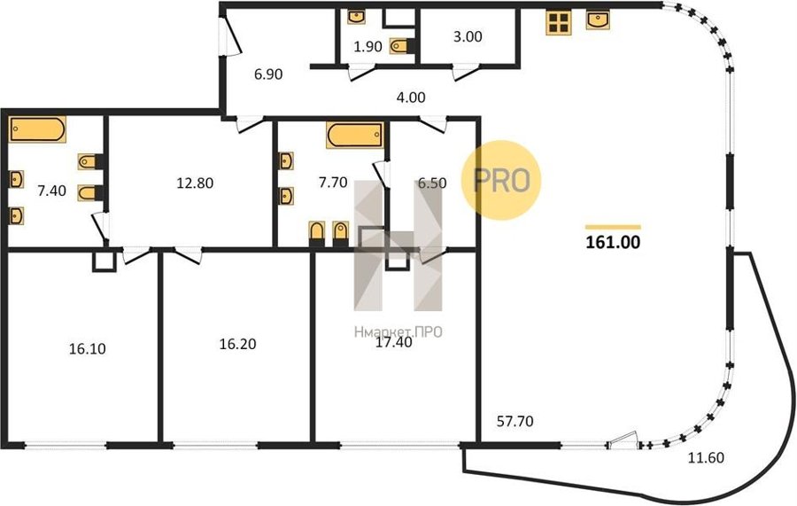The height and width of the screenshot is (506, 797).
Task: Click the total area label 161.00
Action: [613, 243]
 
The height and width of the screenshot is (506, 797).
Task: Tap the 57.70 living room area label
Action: [515, 421]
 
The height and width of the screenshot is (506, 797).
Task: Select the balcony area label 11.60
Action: [706, 457]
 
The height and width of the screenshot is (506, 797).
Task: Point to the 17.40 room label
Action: [393, 343]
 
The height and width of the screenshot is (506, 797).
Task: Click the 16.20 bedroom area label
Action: [237, 345]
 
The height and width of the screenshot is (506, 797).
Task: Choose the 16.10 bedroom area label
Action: [88, 349]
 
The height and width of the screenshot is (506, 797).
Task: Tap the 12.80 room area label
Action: [195, 183]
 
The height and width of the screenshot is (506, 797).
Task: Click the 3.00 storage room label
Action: [468, 36]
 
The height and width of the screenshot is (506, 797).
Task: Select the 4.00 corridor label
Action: [411, 97]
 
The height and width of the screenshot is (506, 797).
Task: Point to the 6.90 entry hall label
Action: [268, 74]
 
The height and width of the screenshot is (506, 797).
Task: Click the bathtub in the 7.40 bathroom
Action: [37, 129]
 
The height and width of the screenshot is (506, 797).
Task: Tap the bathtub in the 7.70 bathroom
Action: [355, 136]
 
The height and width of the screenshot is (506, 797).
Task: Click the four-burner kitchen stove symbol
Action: [559, 23]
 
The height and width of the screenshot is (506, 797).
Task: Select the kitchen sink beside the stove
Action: [598, 20]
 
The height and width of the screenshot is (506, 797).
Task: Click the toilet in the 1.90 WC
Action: [401, 46]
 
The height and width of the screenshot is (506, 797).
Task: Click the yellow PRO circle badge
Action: [501, 180]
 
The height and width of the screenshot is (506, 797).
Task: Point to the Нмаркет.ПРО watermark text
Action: [398, 332]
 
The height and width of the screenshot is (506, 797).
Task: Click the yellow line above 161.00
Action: [613, 228]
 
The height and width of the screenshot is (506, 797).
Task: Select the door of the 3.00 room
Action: [466, 72]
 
